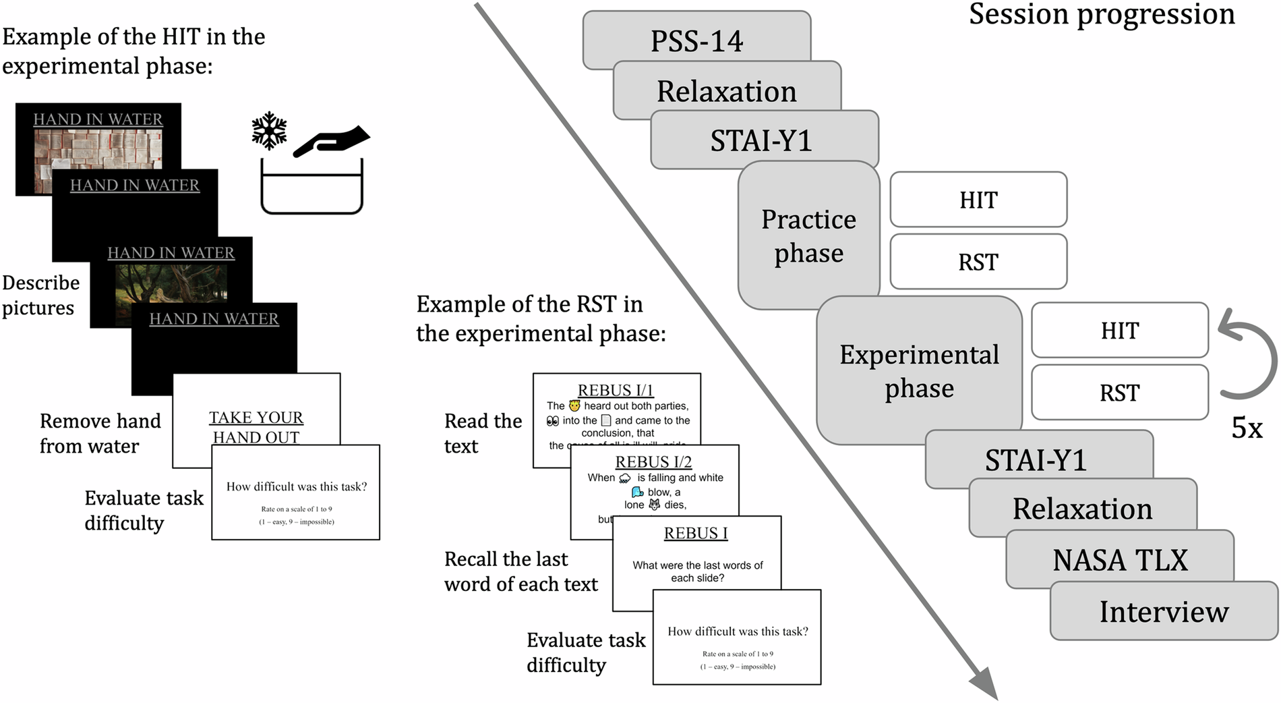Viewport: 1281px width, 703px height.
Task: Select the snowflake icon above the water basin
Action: coord(269,130)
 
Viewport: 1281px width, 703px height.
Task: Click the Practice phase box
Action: coord(808,235)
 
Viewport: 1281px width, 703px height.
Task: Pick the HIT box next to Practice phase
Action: coord(978,200)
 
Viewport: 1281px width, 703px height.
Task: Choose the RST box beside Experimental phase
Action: coord(1119,392)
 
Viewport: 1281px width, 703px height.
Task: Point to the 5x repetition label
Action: coord(1247,428)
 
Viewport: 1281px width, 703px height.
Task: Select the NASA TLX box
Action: coord(1120,560)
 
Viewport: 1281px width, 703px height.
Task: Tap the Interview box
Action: coord(1164,611)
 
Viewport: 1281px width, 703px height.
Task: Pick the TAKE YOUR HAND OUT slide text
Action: coord(256,427)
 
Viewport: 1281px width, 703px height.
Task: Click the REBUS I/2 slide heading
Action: coord(653,462)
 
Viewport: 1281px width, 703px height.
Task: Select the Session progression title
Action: coord(1102,15)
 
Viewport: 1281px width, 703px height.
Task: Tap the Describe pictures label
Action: coord(40,295)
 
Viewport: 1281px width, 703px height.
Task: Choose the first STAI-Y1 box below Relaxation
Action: coord(761,140)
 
